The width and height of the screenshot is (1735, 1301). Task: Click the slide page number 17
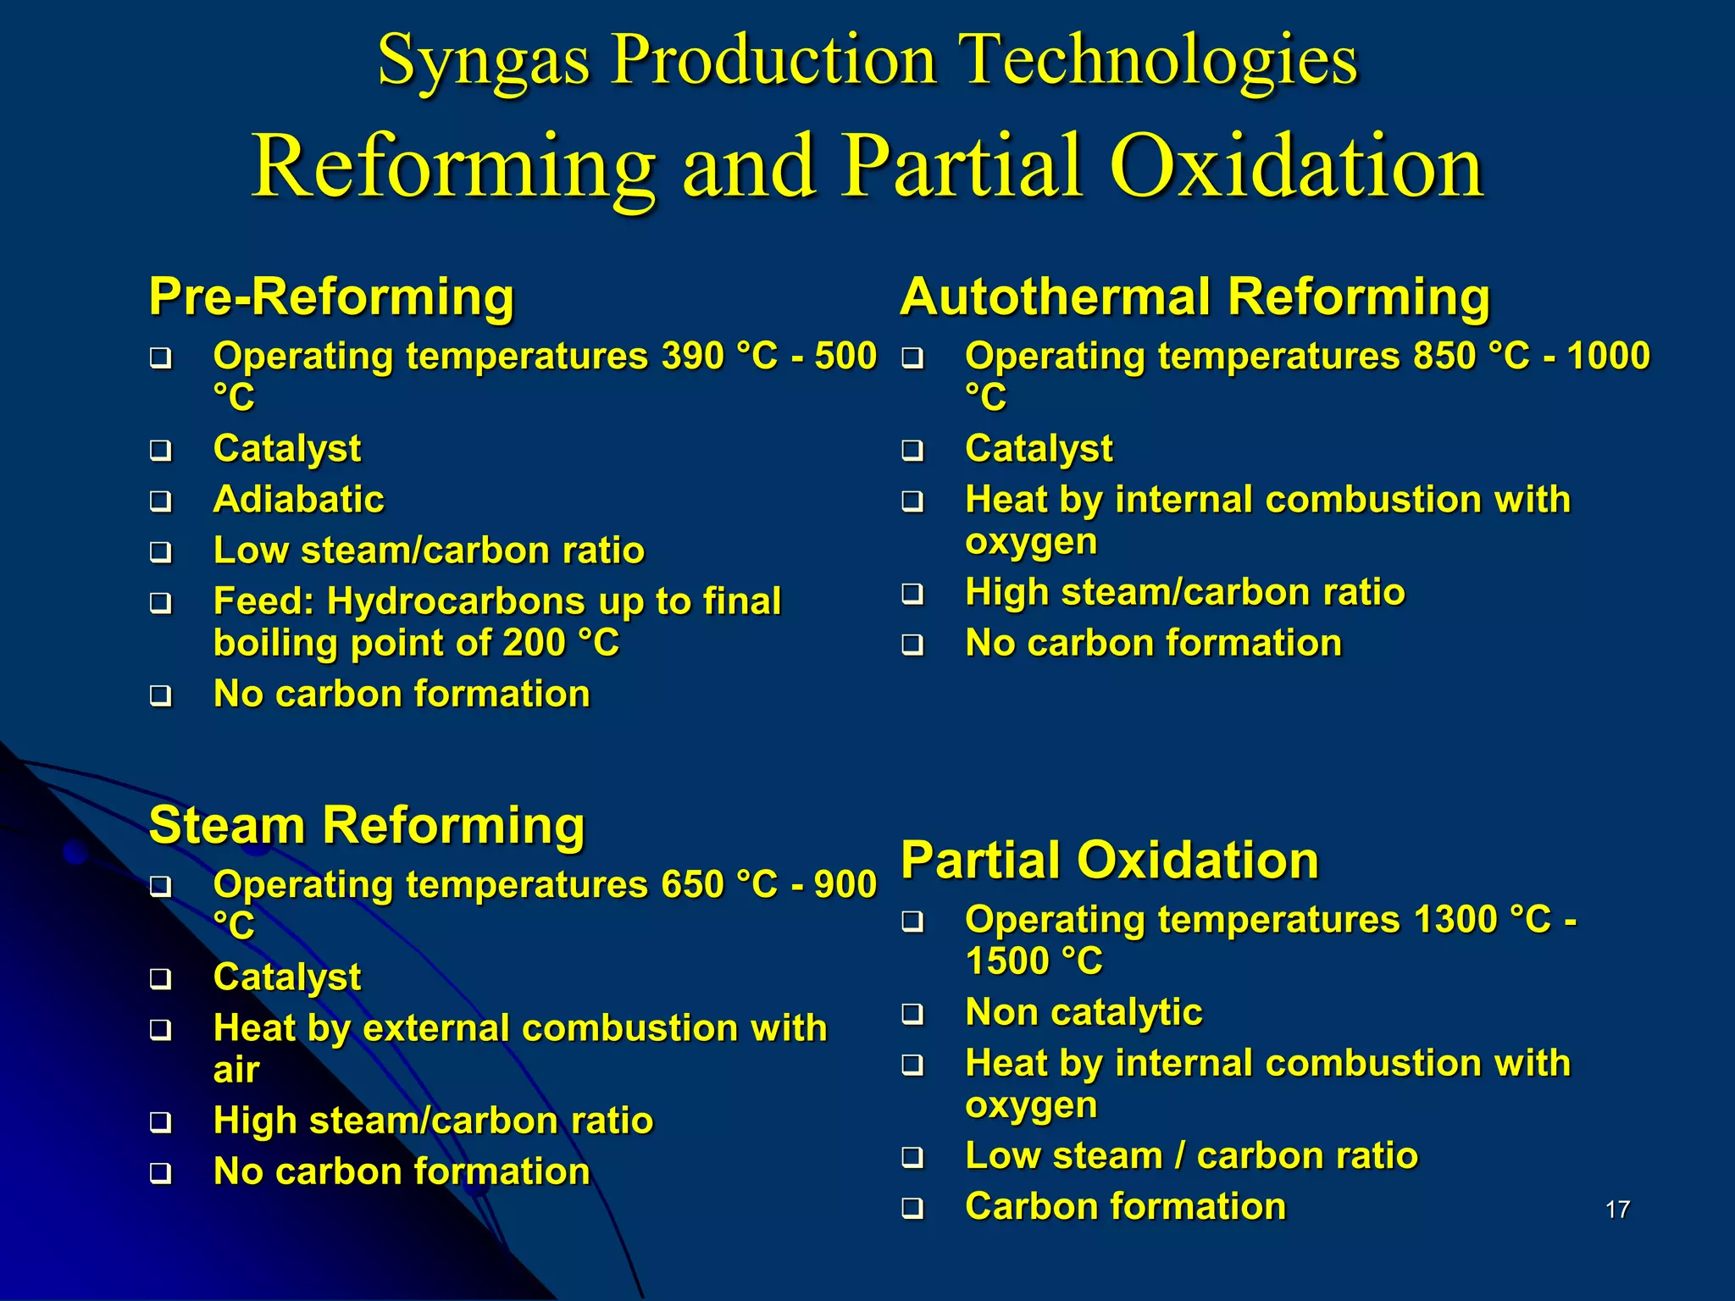click(x=1617, y=1209)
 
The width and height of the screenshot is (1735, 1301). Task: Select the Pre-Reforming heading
click(x=331, y=296)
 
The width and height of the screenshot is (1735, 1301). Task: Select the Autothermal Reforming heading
click(x=1195, y=296)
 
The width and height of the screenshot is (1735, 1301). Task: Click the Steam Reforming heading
click(x=367, y=825)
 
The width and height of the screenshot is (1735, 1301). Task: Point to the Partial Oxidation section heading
click(x=1110, y=860)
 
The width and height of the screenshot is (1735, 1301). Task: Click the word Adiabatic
click(x=298, y=499)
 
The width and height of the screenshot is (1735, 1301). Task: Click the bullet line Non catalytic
click(x=1084, y=1012)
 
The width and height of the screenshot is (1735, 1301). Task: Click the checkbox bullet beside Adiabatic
click(x=160, y=501)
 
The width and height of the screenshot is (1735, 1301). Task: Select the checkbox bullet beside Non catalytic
click(x=912, y=1014)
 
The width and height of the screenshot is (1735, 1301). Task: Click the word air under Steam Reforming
click(x=236, y=1071)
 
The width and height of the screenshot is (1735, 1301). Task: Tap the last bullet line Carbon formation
click(x=1125, y=1206)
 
